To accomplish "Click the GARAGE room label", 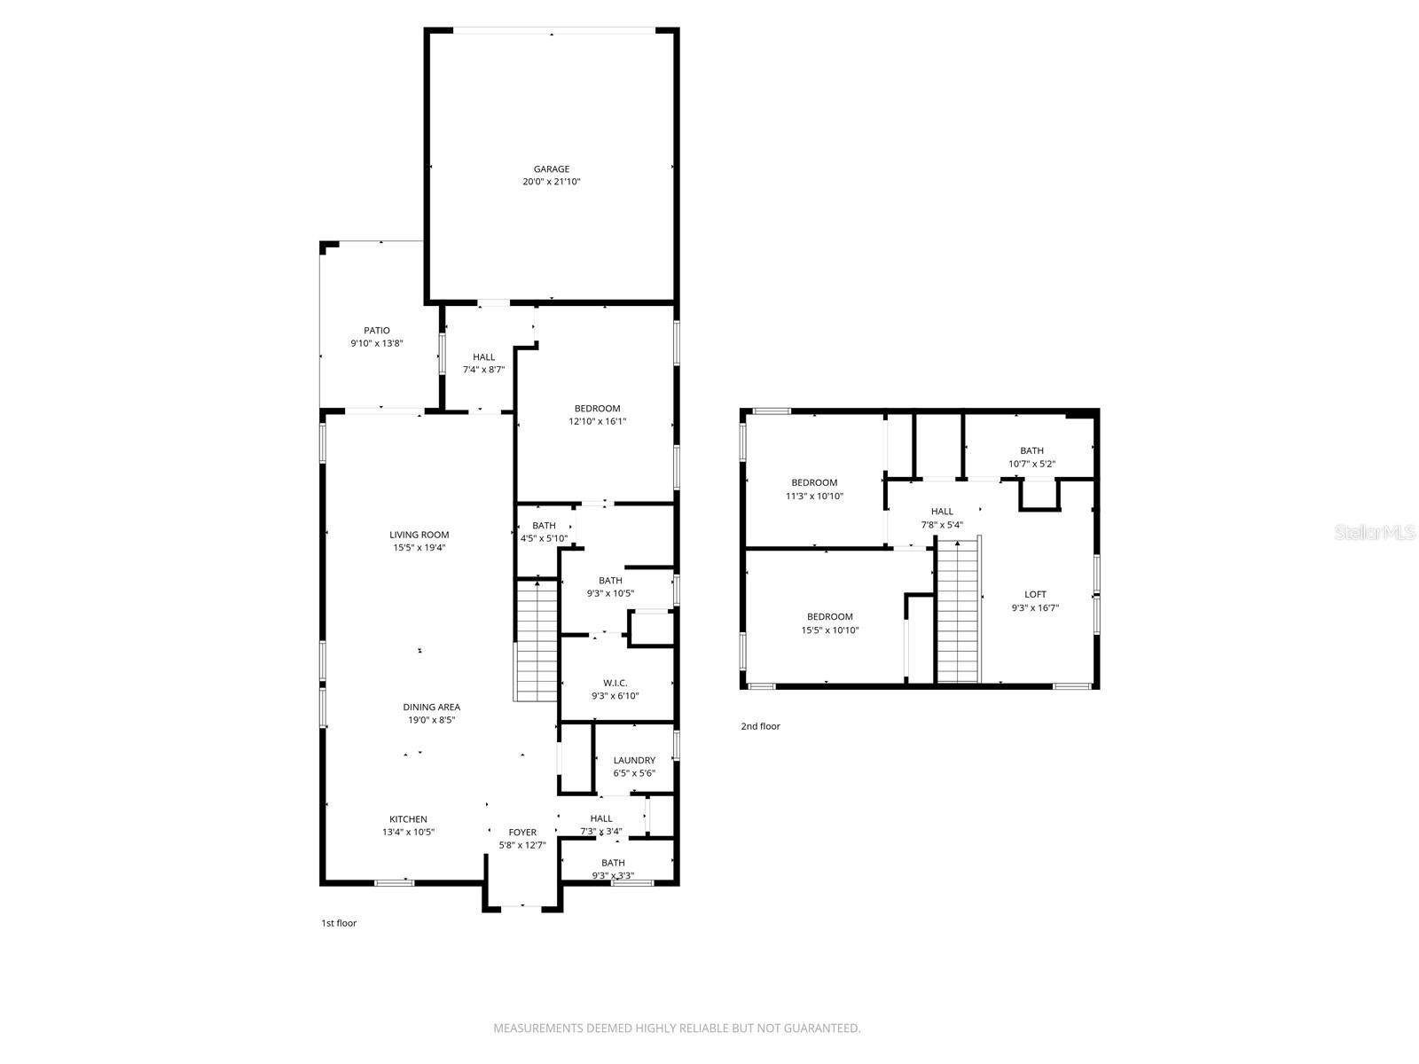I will click(551, 169).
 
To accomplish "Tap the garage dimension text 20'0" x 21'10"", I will click(551, 182).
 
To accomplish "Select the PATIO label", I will click(376, 331).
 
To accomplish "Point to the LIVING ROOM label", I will click(419, 535).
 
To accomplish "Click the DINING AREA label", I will click(431, 708).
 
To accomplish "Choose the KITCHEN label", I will click(408, 819).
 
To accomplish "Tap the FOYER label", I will click(522, 833).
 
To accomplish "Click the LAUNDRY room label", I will click(634, 760).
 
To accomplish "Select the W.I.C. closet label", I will click(615, 683).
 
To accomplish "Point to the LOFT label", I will click(1035, 595).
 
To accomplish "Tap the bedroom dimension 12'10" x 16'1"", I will click(597, 422).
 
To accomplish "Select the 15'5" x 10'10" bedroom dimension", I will click(829, 630).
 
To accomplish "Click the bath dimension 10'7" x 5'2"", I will click(1031, 464).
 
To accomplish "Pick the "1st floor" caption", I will click(339, 923).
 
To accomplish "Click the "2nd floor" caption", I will click(760, 726).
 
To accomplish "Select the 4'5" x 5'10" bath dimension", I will click(544, 538).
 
